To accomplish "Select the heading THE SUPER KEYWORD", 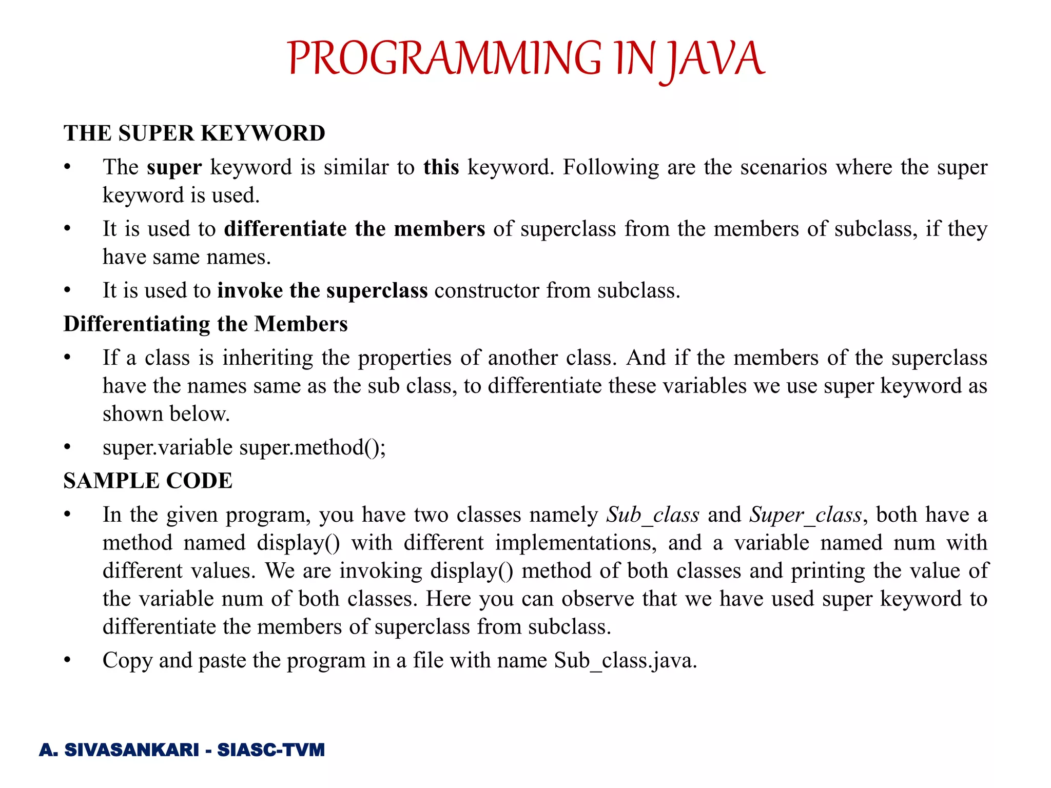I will pos(194,133).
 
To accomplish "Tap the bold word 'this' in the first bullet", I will pos(441,167).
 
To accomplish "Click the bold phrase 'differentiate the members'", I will pos(354,229).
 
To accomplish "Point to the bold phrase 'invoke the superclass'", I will pos(322,290).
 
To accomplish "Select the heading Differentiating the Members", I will pos(205,324).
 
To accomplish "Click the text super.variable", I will pos(167,447).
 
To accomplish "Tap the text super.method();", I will pos(312,447).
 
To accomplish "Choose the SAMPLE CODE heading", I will pos(148,481).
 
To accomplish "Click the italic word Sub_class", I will pos(652,515).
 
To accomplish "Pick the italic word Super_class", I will pos(805,515).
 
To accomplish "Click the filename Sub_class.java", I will pos(625,660).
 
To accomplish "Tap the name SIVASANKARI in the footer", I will pos(131,750).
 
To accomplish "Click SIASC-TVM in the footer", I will pos(271,750).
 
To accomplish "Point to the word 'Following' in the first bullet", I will pos(611,167).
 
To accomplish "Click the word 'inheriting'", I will pos(267,358).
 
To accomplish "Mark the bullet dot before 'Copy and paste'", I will pos(67,660).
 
